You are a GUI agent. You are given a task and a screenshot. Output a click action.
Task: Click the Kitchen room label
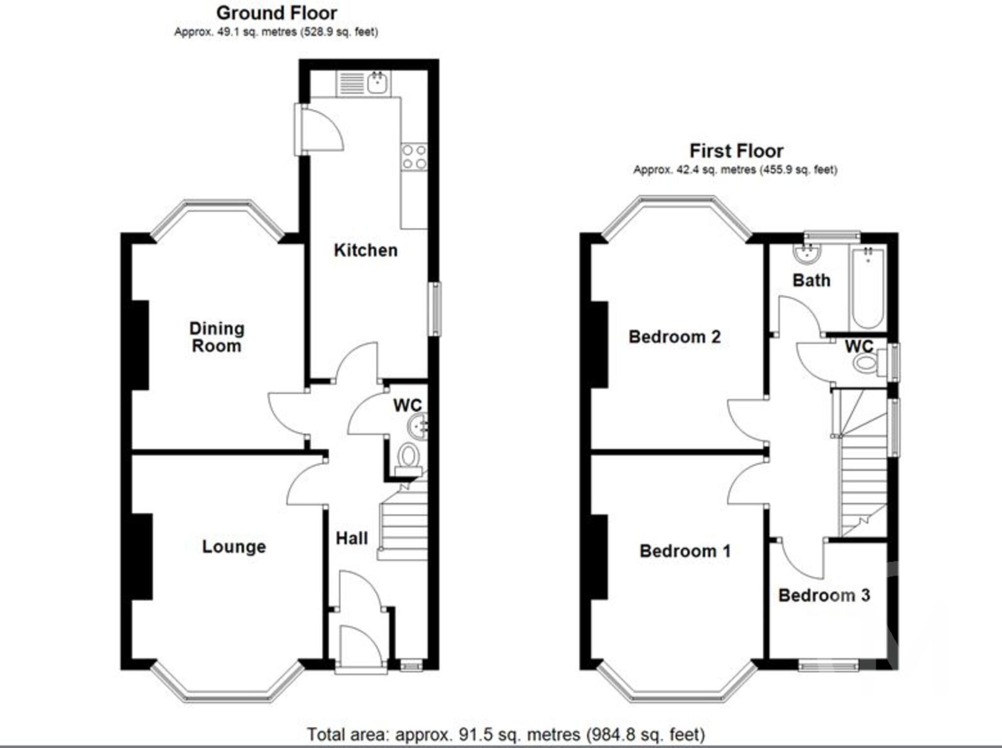[365, 250]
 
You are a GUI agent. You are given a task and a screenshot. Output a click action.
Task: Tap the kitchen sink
[378, 83]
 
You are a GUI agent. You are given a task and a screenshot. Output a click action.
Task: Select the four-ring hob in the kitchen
[414, 157]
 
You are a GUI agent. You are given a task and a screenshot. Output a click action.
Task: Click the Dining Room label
[216, 337]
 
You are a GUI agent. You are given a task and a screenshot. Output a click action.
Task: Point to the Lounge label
[234, 547]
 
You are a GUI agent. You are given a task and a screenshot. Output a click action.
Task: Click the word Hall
[351, 538]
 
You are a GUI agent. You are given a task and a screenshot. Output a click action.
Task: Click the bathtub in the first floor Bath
[867, 288]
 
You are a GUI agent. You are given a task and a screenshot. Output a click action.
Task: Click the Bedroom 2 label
[674, 337]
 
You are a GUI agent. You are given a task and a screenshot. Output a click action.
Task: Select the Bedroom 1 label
[685, 551]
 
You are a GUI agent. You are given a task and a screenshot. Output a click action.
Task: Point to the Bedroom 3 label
[824, 595]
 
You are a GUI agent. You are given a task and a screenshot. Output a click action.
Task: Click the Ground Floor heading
[276, 13]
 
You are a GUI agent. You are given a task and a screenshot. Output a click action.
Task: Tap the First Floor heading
[736, 151]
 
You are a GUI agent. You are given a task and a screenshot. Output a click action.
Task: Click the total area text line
[505, 734]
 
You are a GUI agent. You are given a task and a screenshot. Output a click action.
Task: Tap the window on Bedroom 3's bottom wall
[828, 665]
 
